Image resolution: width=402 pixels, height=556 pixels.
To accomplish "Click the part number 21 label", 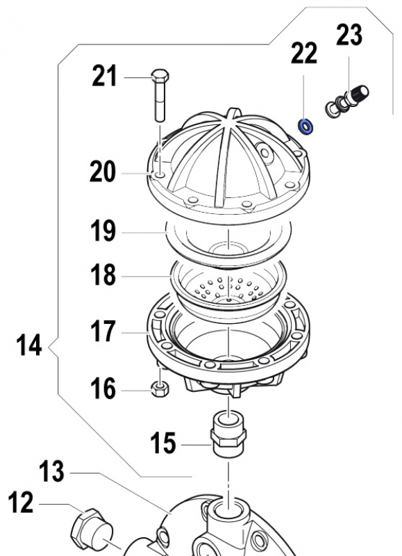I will pos(105,76).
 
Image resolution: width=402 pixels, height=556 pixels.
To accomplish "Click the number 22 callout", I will pos(304,54).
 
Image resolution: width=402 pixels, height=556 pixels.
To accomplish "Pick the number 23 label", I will pos(350,35).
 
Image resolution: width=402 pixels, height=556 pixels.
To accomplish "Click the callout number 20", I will pos(103,171).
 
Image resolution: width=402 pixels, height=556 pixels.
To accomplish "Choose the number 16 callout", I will pos(103,389).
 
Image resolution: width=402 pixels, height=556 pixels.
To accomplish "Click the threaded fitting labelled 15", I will pos(228,434).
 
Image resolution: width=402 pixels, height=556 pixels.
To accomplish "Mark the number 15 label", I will pos(164,443).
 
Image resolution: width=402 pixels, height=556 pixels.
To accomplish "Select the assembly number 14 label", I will pos(29,345).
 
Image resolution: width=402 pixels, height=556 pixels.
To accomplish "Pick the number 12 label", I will pos(22,502).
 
